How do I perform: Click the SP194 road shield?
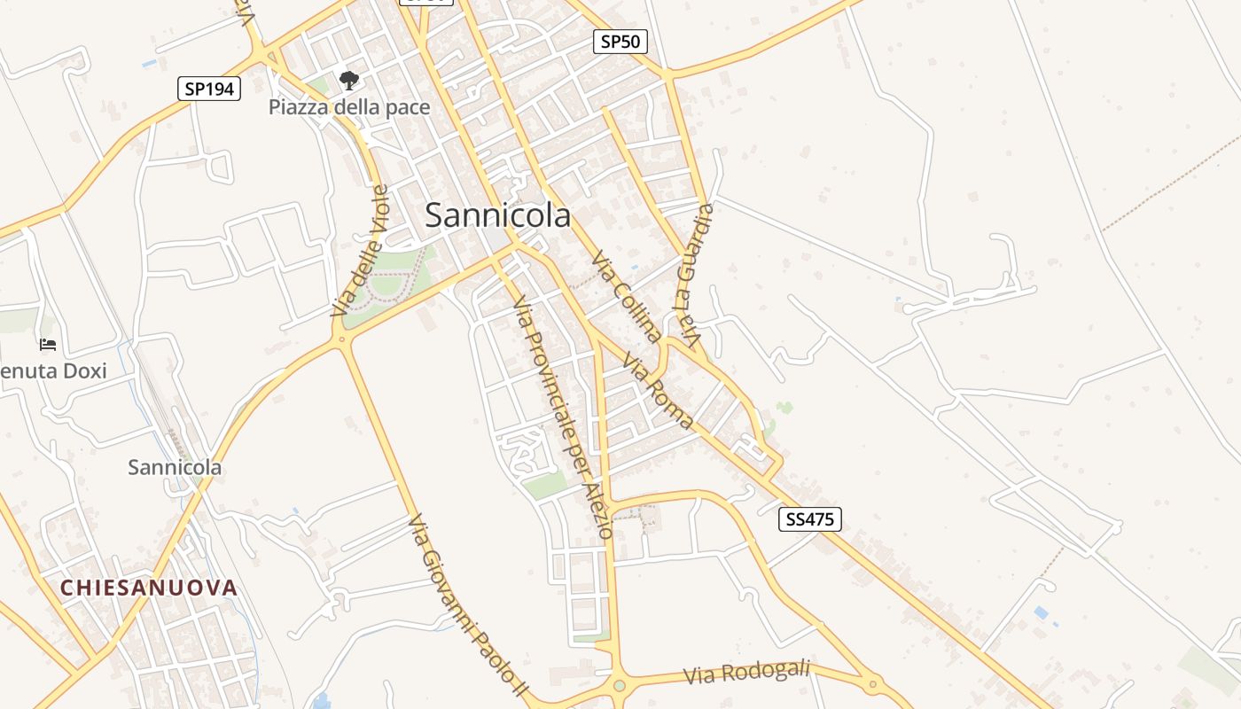point(209,89)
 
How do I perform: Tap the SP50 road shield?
point(620,42)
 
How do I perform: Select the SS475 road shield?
point(809,519)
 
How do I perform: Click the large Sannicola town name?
point(497,215)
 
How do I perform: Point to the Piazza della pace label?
point(349,108)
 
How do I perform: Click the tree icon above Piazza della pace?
point(349,81)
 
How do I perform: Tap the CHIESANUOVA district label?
point(149,588)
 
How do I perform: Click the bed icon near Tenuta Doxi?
point(48,344)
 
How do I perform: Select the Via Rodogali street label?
point(746,674)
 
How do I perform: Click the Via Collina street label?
point(627,296)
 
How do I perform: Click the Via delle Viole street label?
point(360,251)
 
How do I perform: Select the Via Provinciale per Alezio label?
point(562,417)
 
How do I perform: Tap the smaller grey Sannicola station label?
point(175,467)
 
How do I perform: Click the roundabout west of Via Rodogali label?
point(619,685)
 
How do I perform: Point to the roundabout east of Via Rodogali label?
point(873,683)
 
